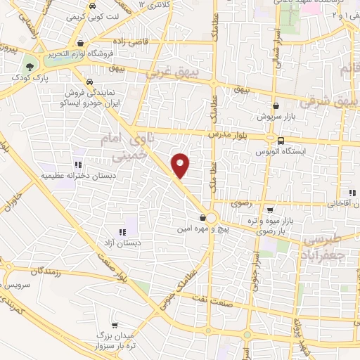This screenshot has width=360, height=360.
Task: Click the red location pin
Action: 181,166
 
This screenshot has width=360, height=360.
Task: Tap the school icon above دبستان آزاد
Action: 122,232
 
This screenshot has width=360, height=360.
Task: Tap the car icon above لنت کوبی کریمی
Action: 94,6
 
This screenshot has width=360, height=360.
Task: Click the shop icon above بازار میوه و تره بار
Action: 270,210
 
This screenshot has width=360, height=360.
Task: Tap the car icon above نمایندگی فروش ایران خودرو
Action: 89,81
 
